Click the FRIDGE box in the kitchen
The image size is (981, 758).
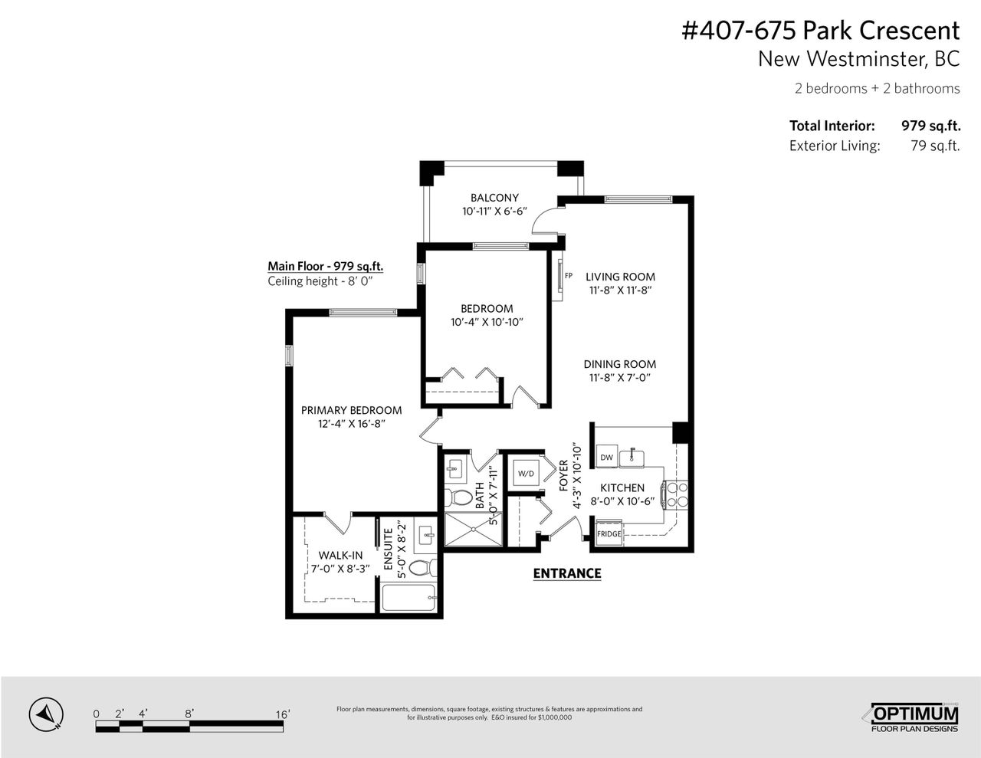609,533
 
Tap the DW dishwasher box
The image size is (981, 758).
607,457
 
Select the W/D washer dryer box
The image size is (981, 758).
526,473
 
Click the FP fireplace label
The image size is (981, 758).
569,275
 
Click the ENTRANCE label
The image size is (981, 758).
567,573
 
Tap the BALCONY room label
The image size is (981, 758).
494,197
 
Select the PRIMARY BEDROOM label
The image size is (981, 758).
351,410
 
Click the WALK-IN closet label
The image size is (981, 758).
340,556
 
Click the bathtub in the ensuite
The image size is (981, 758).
408,598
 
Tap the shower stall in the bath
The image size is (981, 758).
473,529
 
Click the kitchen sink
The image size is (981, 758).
632,457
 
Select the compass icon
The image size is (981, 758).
46,714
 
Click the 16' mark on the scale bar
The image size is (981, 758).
283,714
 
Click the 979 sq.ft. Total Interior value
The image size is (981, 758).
931,126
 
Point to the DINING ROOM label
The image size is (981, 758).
620,364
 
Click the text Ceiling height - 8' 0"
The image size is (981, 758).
320,281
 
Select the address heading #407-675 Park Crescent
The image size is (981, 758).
821,31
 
